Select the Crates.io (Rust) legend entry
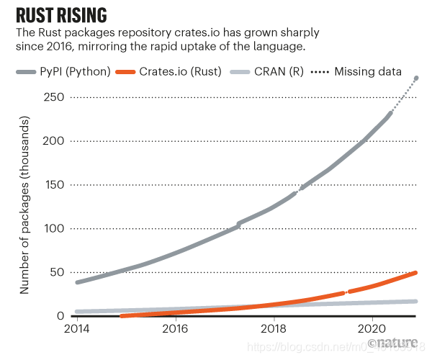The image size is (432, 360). point(186,72)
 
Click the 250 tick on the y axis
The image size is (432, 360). point(58,97)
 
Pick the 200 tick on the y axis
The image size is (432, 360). point(58,141)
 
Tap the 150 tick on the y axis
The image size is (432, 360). point(58,185)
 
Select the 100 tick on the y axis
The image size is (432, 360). point(58,229)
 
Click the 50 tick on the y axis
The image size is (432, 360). point(60,273)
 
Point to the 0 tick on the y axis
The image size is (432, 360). point(63,316)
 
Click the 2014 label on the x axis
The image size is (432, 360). point(77,330)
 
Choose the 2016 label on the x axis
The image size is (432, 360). point(175,330)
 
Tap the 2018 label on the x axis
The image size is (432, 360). point(274,330)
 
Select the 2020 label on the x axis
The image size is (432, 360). point(372,330)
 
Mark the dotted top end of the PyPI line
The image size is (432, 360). point(417,78)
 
